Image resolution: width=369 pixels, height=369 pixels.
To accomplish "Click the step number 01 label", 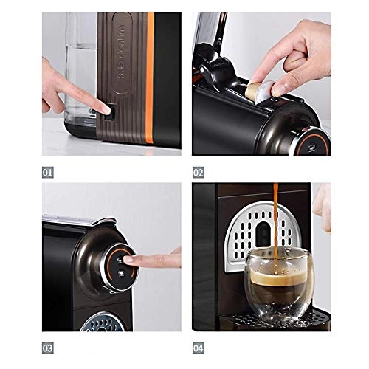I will click(49, 173).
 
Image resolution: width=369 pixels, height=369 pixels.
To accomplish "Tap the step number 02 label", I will click(199, 173).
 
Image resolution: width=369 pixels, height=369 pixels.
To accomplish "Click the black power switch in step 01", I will click(107, 112).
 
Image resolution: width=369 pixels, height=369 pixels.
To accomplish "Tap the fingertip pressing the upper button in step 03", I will click(131, 260).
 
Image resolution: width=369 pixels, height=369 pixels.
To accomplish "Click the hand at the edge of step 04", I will click(322, 207).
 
